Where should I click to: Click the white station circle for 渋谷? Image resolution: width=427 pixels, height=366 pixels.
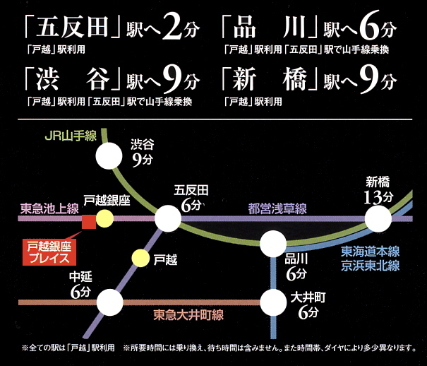[x=109, y=156]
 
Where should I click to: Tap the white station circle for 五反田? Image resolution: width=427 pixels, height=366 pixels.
[x=168, y=218]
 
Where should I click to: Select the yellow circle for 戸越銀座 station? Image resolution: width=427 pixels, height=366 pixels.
[x=104, y=218]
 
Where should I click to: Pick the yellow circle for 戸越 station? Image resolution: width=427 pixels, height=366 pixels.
[x=140, y=258]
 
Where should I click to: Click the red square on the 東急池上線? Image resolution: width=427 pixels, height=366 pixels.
[x=89, y=222]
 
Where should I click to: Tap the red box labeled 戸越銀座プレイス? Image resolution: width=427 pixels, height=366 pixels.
[x=49, y=252]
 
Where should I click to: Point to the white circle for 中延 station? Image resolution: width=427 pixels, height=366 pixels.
[x=109, y=302]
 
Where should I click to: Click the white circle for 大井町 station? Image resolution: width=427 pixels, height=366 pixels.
[x=273, y=302]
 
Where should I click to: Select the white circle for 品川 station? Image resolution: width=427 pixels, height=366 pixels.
[x=273, y=244]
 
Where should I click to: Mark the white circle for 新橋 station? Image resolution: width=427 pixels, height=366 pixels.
[x=378, y=218]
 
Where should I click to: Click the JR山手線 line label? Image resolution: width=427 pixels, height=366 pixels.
[x=71, y=136]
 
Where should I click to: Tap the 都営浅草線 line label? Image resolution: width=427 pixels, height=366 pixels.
[x=277, y=208]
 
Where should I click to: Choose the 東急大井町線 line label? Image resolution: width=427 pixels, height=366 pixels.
[x=188, y=314]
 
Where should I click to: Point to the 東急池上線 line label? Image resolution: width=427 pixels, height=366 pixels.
[x=49, y=208]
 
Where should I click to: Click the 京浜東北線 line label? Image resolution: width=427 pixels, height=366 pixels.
[x=371, y=266]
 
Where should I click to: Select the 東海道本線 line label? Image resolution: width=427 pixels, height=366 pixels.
[x=371, y=252]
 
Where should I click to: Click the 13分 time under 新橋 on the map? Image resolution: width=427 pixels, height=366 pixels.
[x=378, y=197]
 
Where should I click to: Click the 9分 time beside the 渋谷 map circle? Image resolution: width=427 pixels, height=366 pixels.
[x=142, y=160]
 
